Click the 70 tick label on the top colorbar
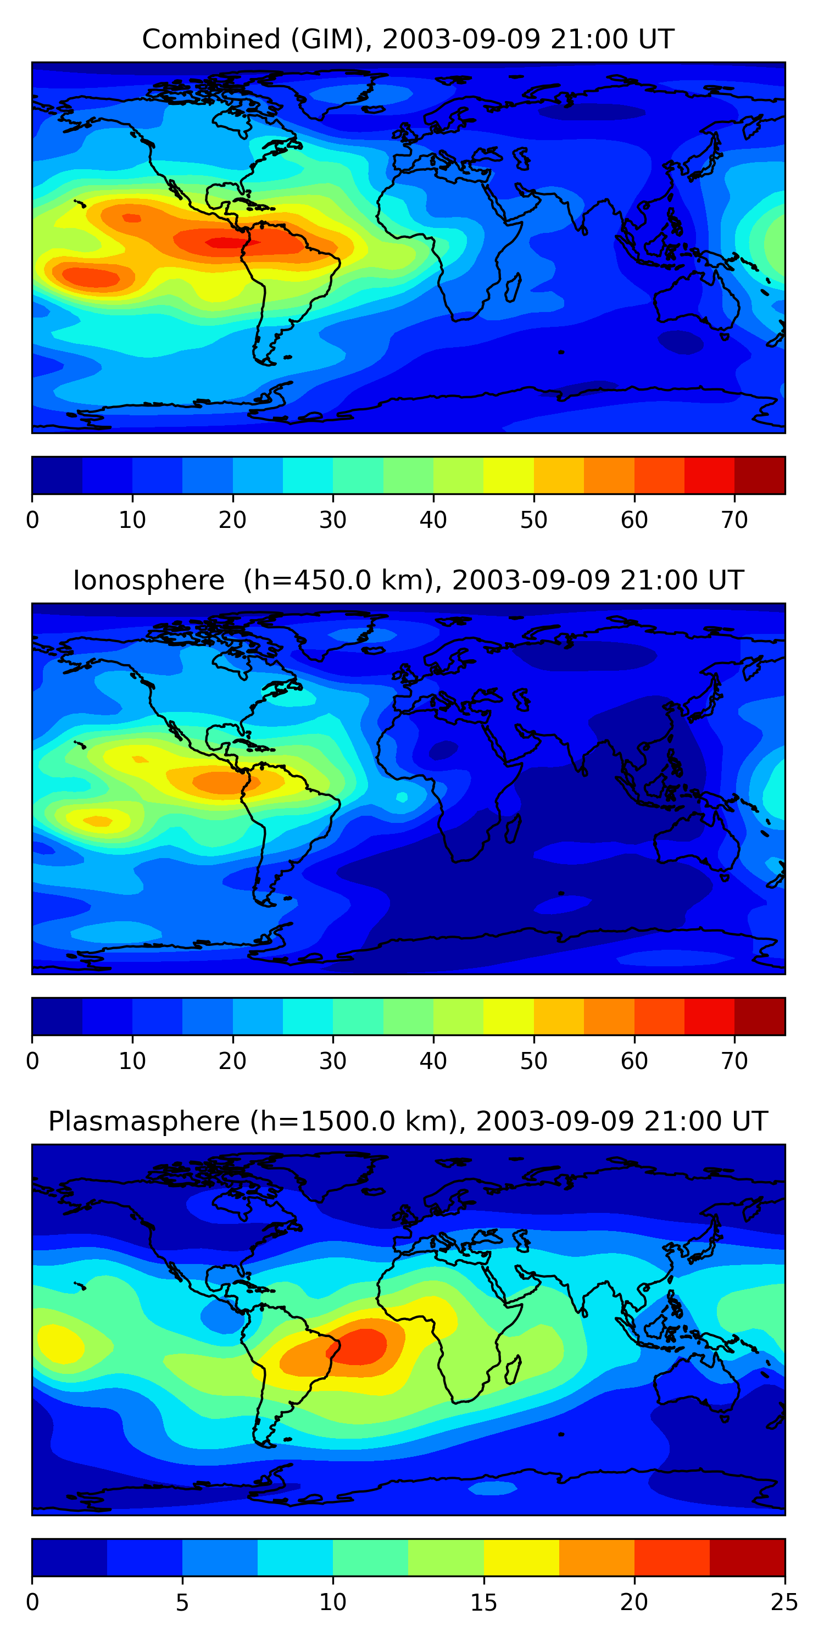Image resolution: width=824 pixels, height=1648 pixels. coord(734,520)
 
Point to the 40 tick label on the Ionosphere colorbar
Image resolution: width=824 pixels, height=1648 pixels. coord(433,1061)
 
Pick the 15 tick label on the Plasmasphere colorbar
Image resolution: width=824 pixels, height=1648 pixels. coord(483,1602)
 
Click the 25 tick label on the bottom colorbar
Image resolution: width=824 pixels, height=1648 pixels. coord(784,1602)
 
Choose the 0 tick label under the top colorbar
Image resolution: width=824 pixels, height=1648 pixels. coord(32,520)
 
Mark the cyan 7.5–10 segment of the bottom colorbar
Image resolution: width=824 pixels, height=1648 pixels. coord(296,1558)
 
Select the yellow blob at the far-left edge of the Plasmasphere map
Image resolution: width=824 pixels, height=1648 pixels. coord(59,1344)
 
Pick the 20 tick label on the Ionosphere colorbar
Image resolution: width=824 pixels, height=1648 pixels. coord(232,1061)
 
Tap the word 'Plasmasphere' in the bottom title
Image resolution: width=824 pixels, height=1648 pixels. coord(144,1122)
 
